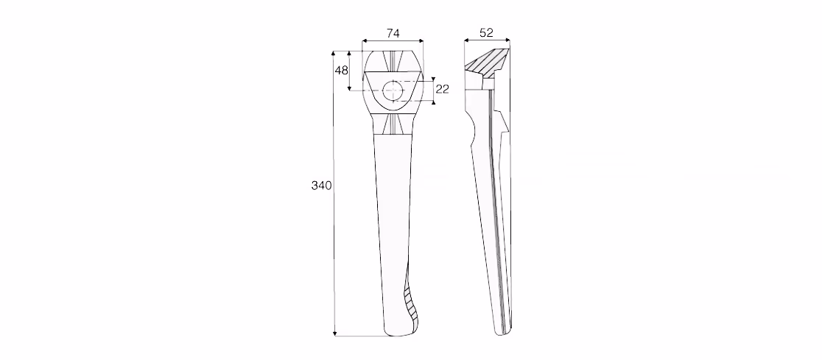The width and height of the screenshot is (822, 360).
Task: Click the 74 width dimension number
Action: (x=393, y=33)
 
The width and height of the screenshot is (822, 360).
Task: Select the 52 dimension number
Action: (x=486, y=32)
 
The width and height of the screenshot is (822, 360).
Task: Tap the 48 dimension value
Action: (x=341, y=70)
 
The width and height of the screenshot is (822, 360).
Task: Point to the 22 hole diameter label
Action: (x=443, y=89)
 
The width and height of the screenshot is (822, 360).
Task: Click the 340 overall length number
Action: (x=321, y=186)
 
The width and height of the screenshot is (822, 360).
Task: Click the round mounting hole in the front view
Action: (x=393, y=91)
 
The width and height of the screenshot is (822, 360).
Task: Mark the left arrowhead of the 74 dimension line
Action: (x=365, y=40)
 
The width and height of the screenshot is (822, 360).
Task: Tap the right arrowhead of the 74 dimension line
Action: (x=421, y=40)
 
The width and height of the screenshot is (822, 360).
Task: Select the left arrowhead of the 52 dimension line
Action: (x=467, y=40)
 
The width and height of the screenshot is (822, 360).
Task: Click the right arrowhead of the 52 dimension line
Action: (x=507, y=40)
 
